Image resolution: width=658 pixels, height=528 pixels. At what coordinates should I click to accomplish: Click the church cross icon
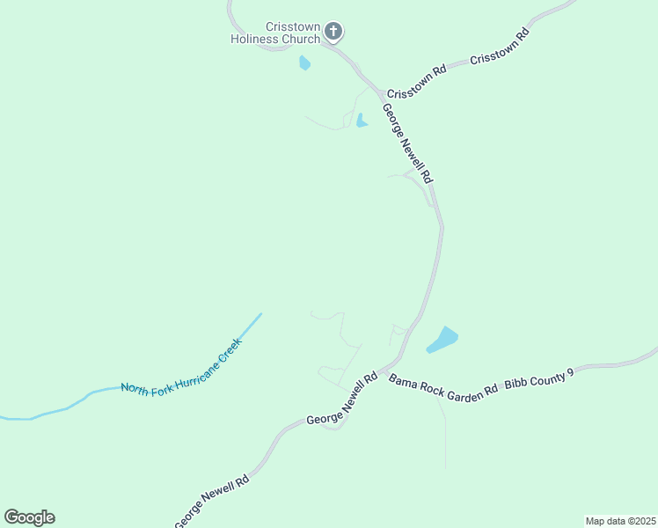(x=333, y=32)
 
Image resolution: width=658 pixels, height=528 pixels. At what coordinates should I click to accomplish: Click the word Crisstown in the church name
(x=293, y=26)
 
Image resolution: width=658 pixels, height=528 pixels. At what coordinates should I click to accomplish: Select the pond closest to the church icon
(x=305, y=63)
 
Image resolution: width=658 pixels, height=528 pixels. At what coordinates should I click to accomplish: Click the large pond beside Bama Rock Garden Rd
(x=442, y=340)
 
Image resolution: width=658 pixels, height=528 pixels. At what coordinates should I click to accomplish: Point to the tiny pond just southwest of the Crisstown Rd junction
(x=361, y=121)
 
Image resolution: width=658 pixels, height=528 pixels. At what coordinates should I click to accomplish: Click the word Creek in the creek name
(x=230, y=348)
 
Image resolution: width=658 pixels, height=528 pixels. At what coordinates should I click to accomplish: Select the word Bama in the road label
(x=403, y=380)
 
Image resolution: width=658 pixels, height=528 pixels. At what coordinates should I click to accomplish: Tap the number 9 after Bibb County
(x=570, y=372)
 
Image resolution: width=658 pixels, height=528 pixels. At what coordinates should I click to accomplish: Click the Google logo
(x=29, y=517)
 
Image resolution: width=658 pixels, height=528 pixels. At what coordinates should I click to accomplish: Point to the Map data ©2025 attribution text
(x=620, y=521)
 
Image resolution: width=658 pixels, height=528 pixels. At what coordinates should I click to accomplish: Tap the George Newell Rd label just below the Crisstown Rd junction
(x=408, y=143)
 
